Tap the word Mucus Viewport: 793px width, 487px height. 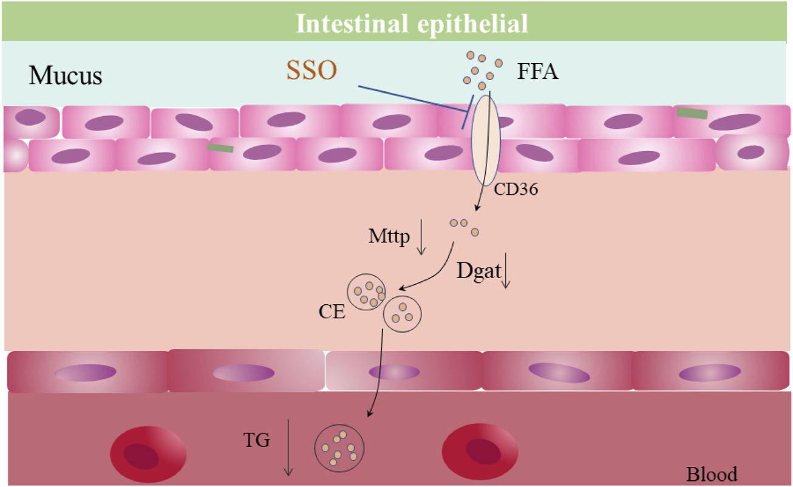(66, 75)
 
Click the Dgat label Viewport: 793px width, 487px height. (478, 271)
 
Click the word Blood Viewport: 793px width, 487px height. (712, 474)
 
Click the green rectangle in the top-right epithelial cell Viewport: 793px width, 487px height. (692, 113)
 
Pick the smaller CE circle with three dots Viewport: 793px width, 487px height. (402, 314)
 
